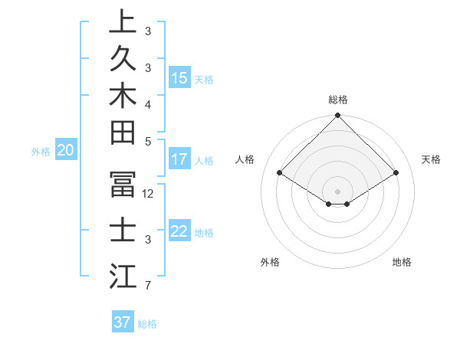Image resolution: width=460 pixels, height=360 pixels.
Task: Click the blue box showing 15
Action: (x=179, y=78)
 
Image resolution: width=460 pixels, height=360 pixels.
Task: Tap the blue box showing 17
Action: (x=179, y=160)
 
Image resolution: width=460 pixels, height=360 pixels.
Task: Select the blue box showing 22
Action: (x=179, y=232)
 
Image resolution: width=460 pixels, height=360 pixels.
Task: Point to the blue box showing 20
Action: (x=66, y=151)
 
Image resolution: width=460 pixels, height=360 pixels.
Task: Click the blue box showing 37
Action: (x=123, y=322)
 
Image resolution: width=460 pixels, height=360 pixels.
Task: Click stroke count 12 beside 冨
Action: (x=149, y=194)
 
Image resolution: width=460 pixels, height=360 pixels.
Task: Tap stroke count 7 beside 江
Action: (x=149, y=286)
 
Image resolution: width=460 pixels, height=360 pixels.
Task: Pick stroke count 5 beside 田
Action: (x=149, y=142)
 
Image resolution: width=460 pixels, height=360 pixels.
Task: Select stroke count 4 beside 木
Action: (x=149, y=104)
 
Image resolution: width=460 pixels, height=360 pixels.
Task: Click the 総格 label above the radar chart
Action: (x=338, y=100)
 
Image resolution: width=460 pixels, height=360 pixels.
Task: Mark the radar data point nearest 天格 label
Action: (x=396, y=173)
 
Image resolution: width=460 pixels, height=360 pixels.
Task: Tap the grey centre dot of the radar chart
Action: (x=338, y=191)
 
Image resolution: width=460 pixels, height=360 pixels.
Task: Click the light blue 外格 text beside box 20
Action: (x=41, y=152)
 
